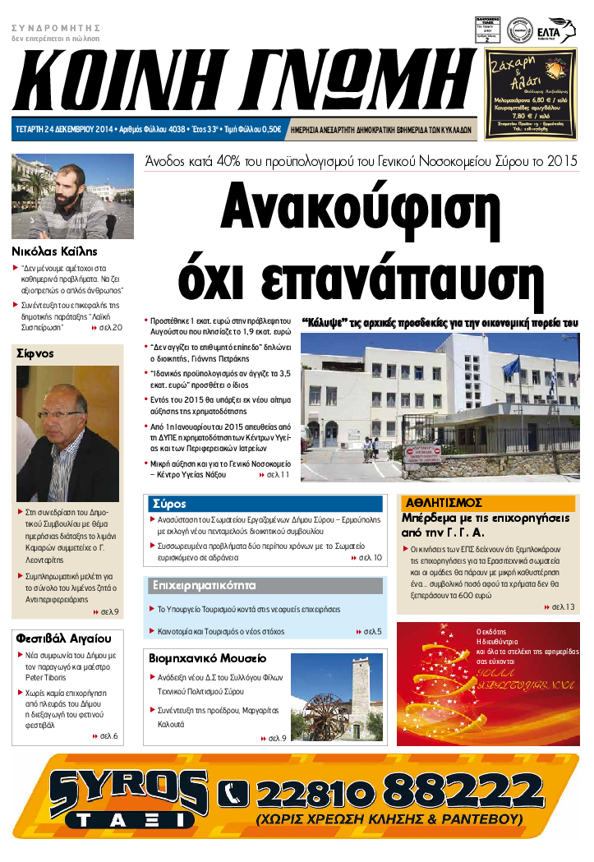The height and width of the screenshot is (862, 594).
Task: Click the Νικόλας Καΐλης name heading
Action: tap(54, 251)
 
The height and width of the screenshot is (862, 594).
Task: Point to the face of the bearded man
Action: tap(69, 185)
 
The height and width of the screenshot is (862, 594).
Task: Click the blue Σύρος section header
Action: tap(168, 504)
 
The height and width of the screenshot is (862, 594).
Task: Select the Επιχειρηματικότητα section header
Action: tap(205, 586)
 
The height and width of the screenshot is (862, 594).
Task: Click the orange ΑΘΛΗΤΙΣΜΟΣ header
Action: tap(442, 503)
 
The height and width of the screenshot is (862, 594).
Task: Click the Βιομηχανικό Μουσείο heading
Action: tap(207, 658)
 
